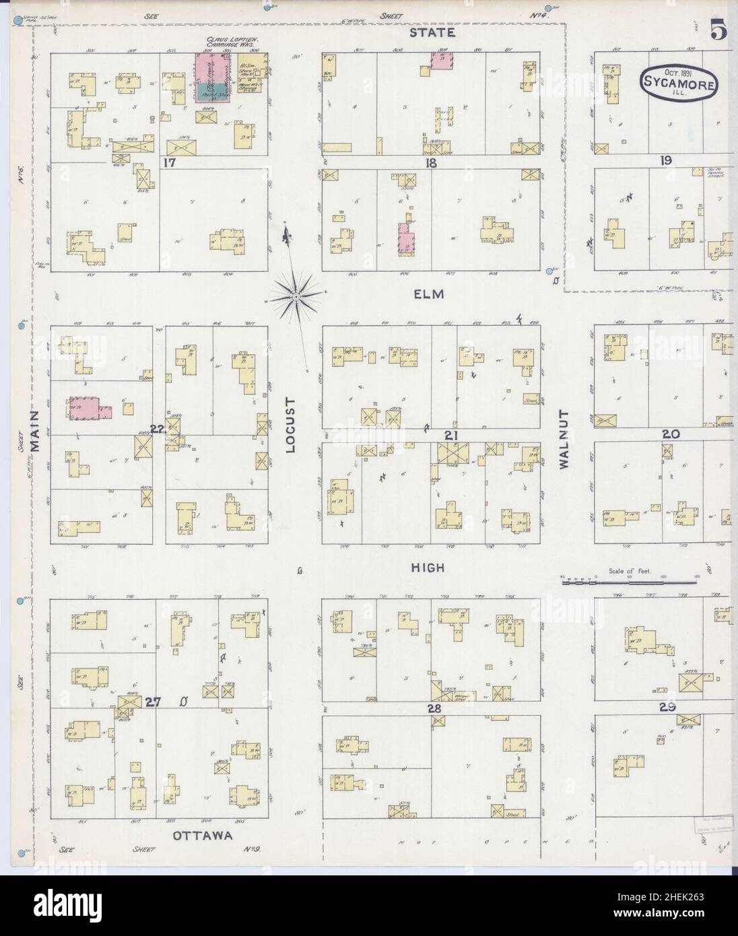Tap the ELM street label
[x=429, y=294]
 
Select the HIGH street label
[x=429, y=568]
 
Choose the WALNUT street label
[x=564, y=438]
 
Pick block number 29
[x=668, y=708]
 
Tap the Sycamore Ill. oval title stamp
[x=678, y=83]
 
